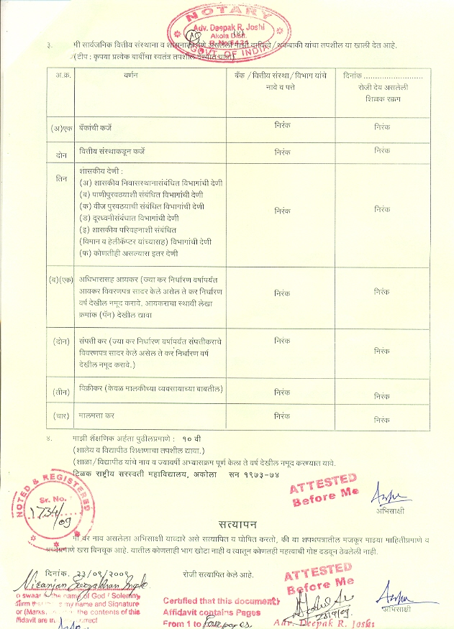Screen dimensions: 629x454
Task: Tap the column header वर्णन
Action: tap(130, 75)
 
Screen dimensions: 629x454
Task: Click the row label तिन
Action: tap(61, 177)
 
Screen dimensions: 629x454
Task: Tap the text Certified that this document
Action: tap(220, 600)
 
